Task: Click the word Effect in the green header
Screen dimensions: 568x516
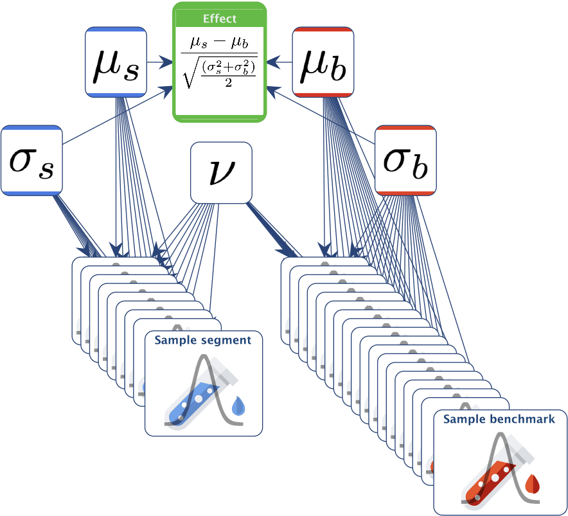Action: pos(220,19)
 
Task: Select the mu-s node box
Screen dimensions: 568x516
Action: pos(116,62)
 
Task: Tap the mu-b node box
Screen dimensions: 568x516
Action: pos(323,62)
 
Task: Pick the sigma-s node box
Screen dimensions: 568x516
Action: pos(32,160)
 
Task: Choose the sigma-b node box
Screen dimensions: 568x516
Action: pos(405,160)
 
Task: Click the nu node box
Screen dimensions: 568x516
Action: pos(221,172)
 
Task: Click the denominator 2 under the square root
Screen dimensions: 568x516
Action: pos(228,83)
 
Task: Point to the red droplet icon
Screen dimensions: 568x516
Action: pos(533,484)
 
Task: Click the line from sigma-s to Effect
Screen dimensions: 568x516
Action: pos(118,116)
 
